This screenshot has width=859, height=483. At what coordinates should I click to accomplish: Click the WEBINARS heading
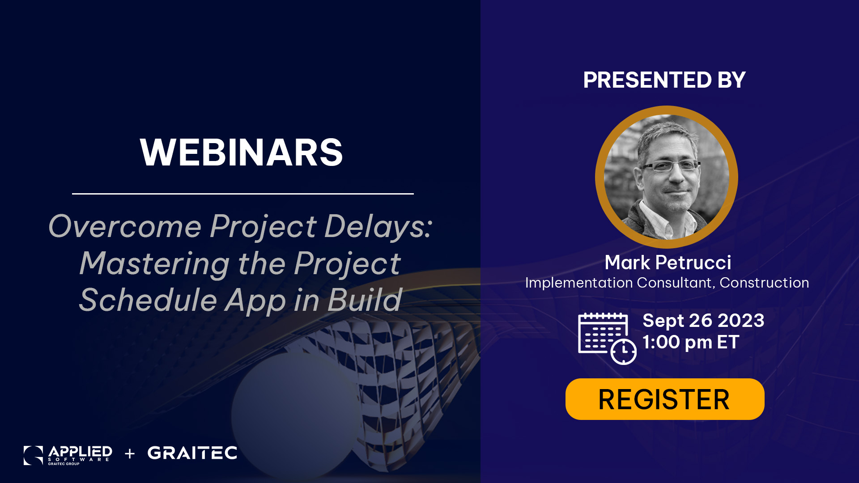coord(241,153)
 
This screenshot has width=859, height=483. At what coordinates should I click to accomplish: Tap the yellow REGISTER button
coord(665,399)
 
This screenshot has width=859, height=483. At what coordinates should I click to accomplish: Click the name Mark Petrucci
coord(668,263)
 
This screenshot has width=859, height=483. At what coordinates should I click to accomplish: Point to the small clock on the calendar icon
coord(624,352)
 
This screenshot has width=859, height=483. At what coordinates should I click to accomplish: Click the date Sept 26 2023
coord(703,321)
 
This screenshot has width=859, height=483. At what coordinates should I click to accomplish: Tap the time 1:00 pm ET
coord(691,342)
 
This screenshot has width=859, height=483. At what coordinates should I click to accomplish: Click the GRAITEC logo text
coord(192,453)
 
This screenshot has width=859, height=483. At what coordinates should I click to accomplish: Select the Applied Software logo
coord(68,455)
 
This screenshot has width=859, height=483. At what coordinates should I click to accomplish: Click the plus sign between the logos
coord(130,454)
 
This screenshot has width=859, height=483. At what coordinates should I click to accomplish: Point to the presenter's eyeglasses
coord(670,166)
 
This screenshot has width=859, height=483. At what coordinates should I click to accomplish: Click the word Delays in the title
coord(378,227)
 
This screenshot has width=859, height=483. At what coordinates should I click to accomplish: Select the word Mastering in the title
coord(155,264)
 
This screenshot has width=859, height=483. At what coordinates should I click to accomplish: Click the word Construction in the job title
coord(764,283)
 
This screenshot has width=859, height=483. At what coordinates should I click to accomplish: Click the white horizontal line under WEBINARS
coord(243,194)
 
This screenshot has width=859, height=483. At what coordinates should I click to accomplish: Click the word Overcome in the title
coord(125,227)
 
